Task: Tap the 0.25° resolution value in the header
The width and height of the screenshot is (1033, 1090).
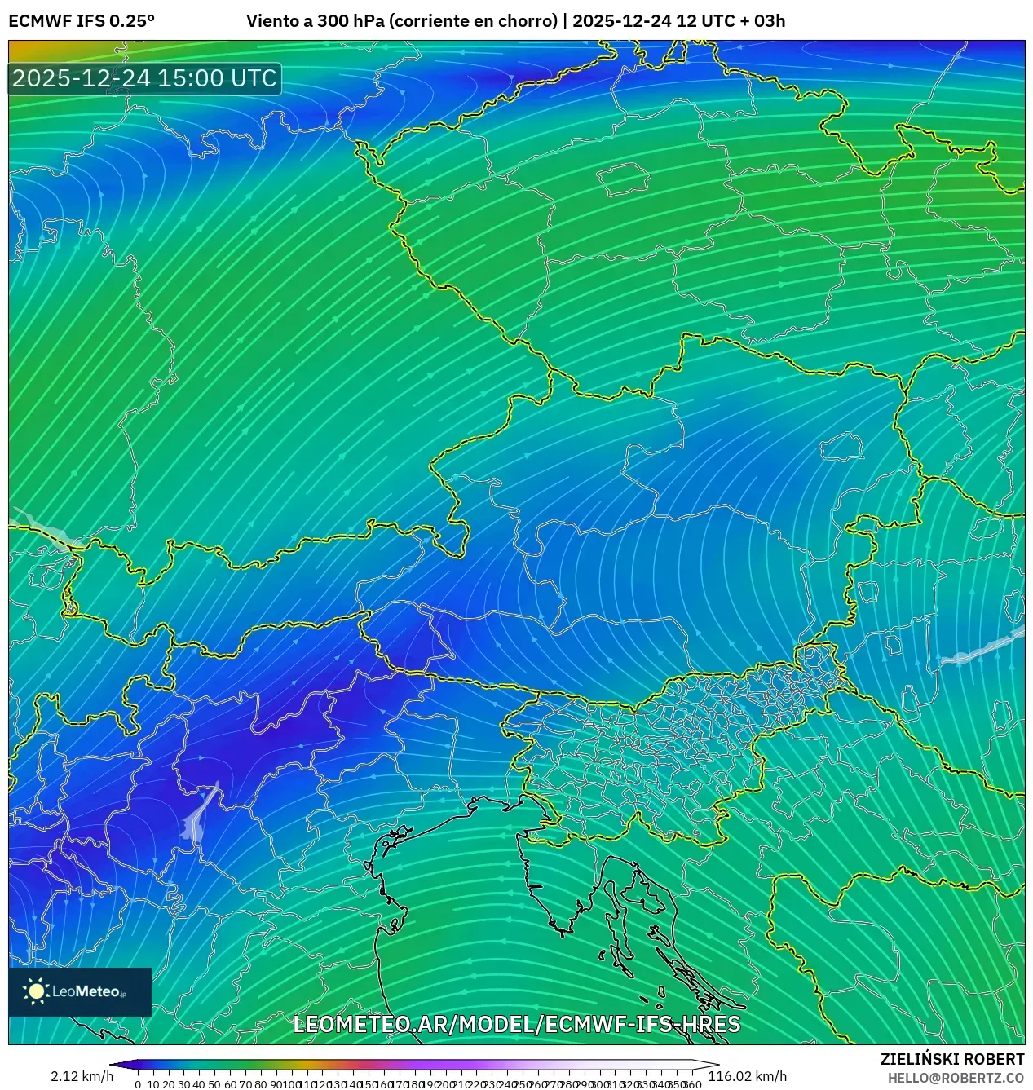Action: tap(132, 21)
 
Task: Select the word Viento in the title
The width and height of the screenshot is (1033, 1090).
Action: tap(271, 21)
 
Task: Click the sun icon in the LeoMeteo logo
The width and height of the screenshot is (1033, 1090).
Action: tap(37, 991)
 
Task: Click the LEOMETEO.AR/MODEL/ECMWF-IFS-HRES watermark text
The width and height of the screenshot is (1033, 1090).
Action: tap(516, 1025)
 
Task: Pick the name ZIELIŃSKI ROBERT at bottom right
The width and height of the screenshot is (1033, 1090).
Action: tap(951, 1059)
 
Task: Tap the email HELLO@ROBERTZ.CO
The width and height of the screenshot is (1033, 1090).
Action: tap(956, 1078)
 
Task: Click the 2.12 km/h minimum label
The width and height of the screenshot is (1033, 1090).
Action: tap(82, 1077)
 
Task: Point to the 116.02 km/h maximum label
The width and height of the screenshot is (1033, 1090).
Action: tap(747, 1077)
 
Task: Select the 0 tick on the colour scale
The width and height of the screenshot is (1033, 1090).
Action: tap(138, 1084)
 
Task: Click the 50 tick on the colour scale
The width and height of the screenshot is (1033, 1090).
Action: tap(214, 1084)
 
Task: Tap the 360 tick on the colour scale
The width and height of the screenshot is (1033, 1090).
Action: tap(693, 1084)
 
